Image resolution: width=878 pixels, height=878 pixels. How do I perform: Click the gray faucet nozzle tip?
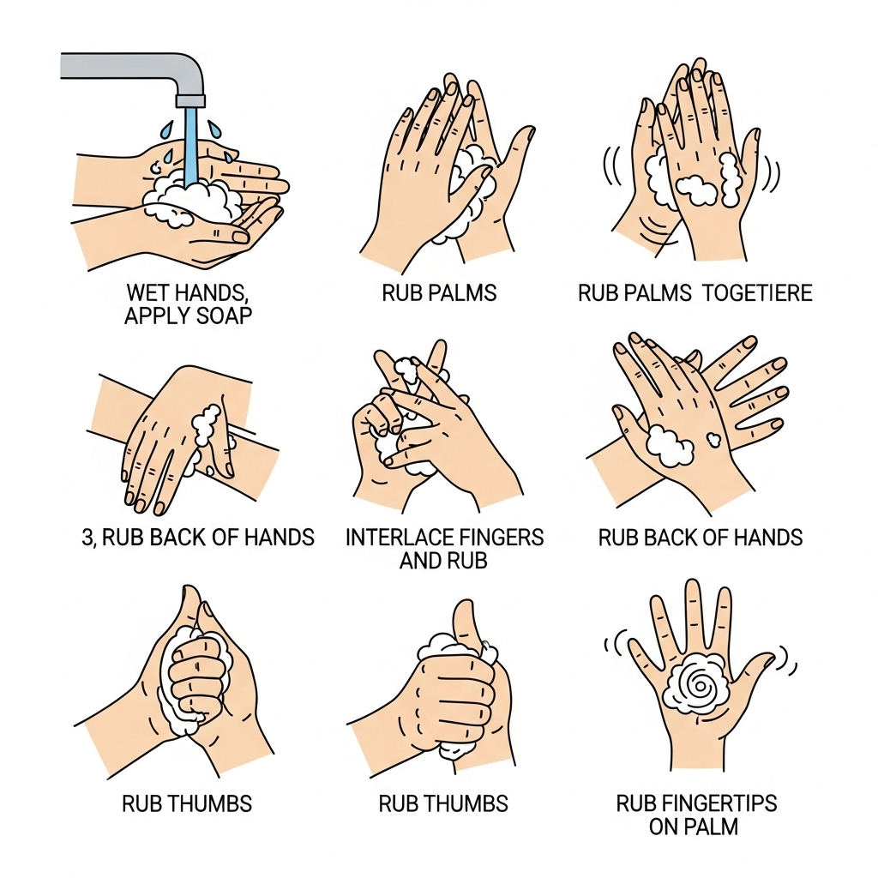pos(190,100)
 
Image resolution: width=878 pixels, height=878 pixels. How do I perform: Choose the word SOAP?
pos(225,316)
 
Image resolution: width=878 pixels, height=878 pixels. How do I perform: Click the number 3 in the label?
pos(82,538)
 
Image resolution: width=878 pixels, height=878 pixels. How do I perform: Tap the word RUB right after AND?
pos(466,561)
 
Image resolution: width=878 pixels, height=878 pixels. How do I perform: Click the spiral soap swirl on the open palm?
pos(696,686)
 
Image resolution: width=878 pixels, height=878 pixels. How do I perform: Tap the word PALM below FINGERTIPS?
pos(715,827)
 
